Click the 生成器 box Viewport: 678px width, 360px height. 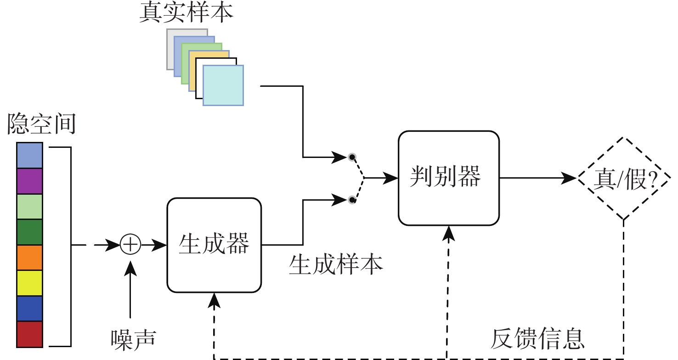(214, 245)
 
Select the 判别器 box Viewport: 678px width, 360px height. (448, 178)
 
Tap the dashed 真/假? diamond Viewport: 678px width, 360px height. (623, 179)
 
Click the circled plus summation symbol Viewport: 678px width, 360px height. (130, 245)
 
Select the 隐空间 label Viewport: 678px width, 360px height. (41, 125)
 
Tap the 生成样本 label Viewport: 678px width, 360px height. (336, 265)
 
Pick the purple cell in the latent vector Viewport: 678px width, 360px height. (29, 181)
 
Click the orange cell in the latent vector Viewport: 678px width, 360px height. (29, 258)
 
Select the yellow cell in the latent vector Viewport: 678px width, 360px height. (29, 283)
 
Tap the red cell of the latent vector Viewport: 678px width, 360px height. (29, 334)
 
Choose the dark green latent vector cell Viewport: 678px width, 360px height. (29, 232)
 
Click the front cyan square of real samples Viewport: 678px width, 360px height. (223, 85)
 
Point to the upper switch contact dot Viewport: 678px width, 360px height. (351, 157)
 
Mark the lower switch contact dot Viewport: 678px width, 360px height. (351, 199)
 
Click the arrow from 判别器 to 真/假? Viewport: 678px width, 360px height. (537, 178)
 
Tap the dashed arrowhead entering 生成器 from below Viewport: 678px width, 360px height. (214, 300)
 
